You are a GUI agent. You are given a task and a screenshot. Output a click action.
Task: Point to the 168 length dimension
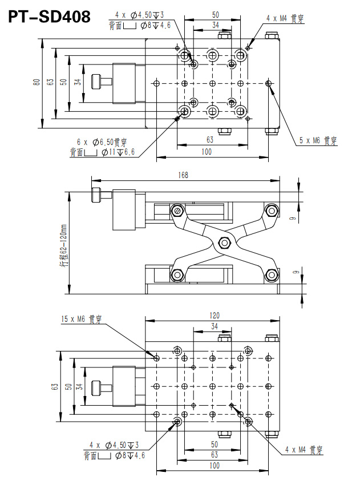pos(183,175)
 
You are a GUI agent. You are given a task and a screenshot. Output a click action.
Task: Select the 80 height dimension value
pos(37,83)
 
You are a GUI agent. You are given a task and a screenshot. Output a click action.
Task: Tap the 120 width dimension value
pos(215,315)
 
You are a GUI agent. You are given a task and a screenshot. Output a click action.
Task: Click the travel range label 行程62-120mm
pos(64,246)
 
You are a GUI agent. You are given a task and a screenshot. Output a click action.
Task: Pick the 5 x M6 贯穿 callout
pos(318,139)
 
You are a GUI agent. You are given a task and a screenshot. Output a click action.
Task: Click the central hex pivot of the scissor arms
pos(224,243)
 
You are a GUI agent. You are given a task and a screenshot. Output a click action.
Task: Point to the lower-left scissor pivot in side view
pos(177,275)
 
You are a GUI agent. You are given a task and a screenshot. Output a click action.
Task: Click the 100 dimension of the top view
pos(207,151)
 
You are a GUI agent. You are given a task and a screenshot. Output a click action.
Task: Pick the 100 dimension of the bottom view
pos(214,466)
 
